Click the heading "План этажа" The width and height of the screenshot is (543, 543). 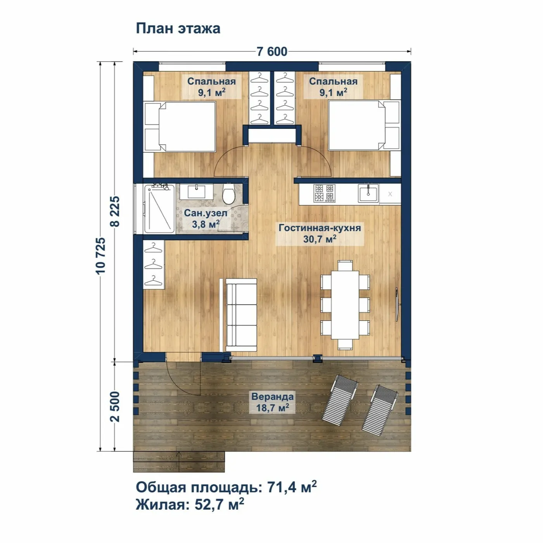pos(178,29)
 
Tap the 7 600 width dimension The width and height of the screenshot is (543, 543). pos(272,52)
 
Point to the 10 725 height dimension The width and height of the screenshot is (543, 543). pos(100,256)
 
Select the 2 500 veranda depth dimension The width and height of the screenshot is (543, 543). pos(115,406)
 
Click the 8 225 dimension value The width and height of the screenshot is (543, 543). pos(115,211)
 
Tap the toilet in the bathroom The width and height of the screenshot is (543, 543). pos(228,193)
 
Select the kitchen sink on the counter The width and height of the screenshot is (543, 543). pos(368,193)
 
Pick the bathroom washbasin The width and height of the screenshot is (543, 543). pos(196,192)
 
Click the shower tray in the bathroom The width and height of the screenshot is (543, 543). pos(159,209)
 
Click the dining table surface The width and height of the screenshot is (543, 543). pos(345,305)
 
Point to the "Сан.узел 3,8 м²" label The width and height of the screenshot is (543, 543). pos(202,218)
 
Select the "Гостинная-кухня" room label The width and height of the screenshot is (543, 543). pos(320,228)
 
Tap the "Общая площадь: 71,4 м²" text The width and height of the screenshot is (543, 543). pos(226,487)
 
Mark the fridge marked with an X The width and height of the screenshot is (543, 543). pos(390,194)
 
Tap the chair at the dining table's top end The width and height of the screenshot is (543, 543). pos(345,265)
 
